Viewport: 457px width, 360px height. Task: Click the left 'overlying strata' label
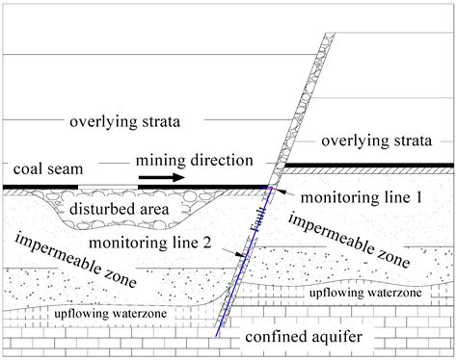coord(125,122)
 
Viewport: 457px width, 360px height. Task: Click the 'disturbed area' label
coord(120,208)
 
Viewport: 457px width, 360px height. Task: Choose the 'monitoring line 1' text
coord(363,197)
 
